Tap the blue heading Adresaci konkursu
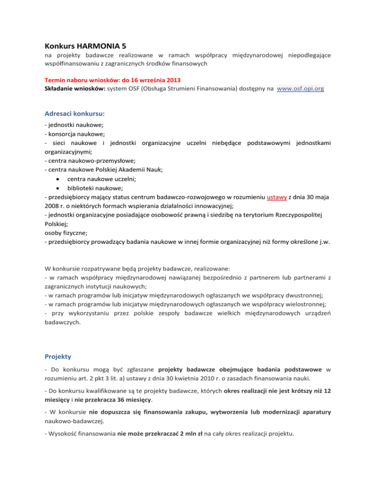[x=70, y=113]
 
